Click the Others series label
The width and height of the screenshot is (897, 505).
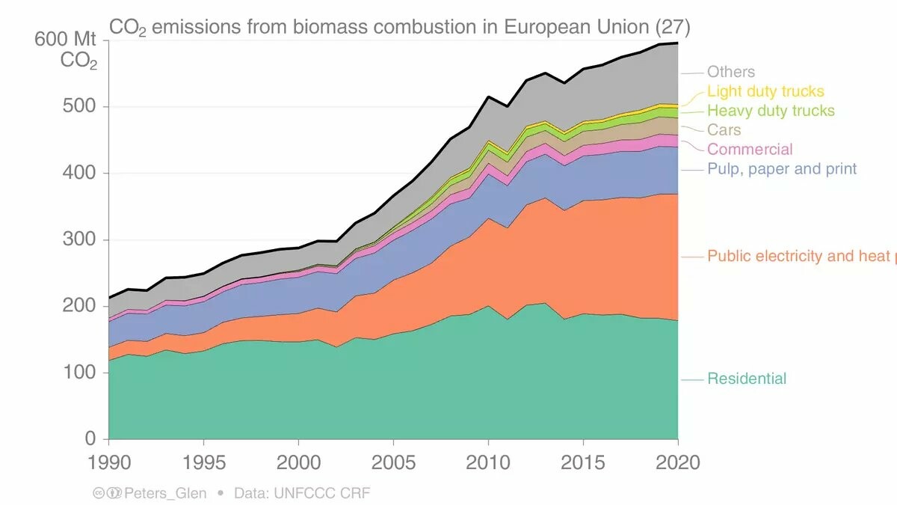click(730, 72)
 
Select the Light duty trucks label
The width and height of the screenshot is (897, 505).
click(765, 91)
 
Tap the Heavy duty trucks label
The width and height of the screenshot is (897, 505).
click(771, 111)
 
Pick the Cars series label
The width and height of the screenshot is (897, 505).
click(724, 130)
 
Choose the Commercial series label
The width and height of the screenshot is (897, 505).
click(750, 150)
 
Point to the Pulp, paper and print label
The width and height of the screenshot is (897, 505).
click(782, 169)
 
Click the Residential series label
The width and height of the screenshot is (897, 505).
click(747, 379)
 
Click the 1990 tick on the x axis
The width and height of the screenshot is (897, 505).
click(109, 462)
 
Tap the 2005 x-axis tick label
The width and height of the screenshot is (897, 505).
click(393, 462)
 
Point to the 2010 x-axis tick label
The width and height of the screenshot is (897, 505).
click(488, 462)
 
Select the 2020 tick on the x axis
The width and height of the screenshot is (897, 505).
click(677, 462)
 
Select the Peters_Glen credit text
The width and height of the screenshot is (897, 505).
click(165, 493)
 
